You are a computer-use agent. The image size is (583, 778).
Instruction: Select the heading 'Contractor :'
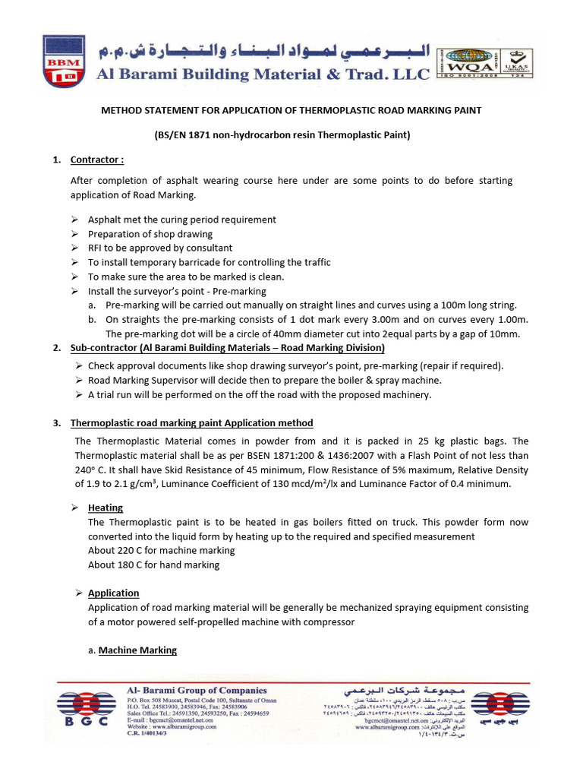coord(96,160)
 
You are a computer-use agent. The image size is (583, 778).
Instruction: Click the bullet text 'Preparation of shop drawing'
coord(150,234)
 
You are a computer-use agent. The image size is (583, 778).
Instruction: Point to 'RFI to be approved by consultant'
coord(160,248)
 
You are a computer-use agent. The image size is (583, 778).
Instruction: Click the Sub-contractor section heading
coord(228,348)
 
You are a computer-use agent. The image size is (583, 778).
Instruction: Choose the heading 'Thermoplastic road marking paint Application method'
coord(191,423)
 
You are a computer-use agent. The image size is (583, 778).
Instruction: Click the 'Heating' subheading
coord(106,508)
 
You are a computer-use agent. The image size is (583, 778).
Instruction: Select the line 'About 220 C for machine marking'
coord(161,550)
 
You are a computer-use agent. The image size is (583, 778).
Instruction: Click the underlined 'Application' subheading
coord(114,593)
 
